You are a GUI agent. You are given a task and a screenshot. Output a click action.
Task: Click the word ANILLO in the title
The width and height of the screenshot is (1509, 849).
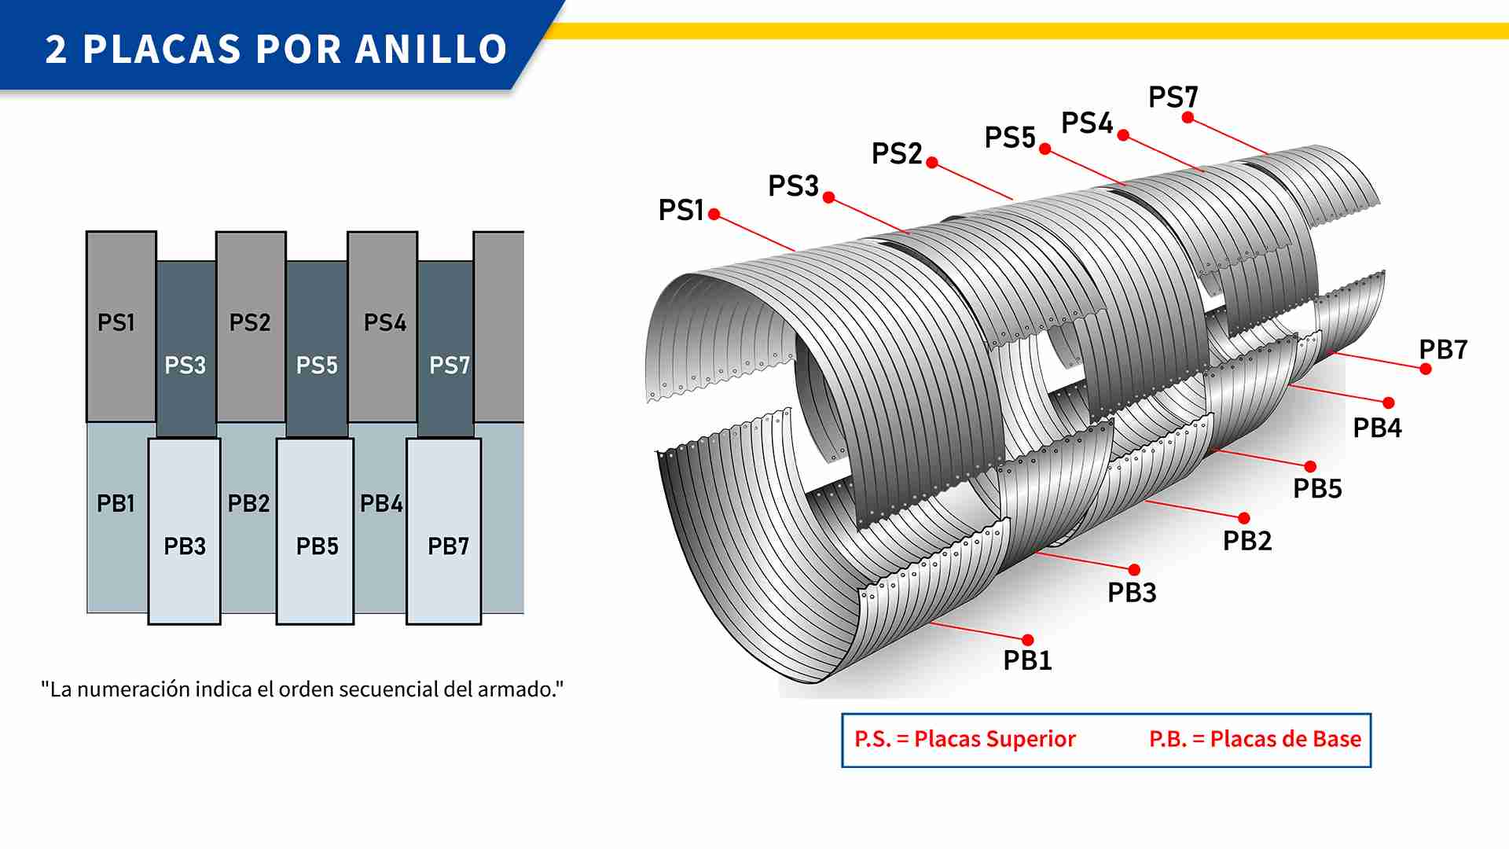[431, 49]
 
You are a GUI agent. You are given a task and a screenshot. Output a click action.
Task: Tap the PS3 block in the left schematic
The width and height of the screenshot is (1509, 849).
[185, 350]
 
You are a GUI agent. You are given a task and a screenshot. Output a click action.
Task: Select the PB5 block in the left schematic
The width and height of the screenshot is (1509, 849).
[316, 531]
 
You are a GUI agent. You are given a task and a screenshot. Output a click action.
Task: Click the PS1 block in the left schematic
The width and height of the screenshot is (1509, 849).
[120, 326]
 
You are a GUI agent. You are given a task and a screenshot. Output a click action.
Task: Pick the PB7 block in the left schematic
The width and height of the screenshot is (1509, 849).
[444, 531]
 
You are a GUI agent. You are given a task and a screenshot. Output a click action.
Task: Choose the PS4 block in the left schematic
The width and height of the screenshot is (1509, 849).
[383, 326]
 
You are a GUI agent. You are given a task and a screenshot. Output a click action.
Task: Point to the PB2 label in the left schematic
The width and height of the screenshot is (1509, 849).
[248, 503]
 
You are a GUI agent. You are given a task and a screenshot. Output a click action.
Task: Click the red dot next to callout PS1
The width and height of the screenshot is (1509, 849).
[714, 214]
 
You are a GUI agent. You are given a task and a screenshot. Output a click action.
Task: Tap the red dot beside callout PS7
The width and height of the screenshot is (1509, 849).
[1188, 118]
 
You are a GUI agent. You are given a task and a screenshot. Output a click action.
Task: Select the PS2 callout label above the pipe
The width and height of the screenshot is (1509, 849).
[897, 153]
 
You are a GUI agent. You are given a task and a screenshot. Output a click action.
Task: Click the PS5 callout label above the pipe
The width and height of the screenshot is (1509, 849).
[1010, 138]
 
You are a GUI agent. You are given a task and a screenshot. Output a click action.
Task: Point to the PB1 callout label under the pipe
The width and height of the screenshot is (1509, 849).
[1027, 660]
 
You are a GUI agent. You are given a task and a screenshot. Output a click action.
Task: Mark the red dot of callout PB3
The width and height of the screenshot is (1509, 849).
[1134, 570]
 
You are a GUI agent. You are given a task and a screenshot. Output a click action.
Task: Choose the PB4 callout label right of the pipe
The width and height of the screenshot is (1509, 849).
[1377, 428]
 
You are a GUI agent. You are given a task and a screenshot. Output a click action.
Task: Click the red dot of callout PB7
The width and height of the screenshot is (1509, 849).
[1426, 369]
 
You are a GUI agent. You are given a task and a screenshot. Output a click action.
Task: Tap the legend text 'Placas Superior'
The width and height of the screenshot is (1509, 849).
[994, 739]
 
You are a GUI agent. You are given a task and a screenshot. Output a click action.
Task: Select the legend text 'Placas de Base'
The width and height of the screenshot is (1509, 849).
[1285, 739]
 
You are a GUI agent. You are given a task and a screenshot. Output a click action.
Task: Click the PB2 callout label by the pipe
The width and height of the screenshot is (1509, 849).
[1247, 541]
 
